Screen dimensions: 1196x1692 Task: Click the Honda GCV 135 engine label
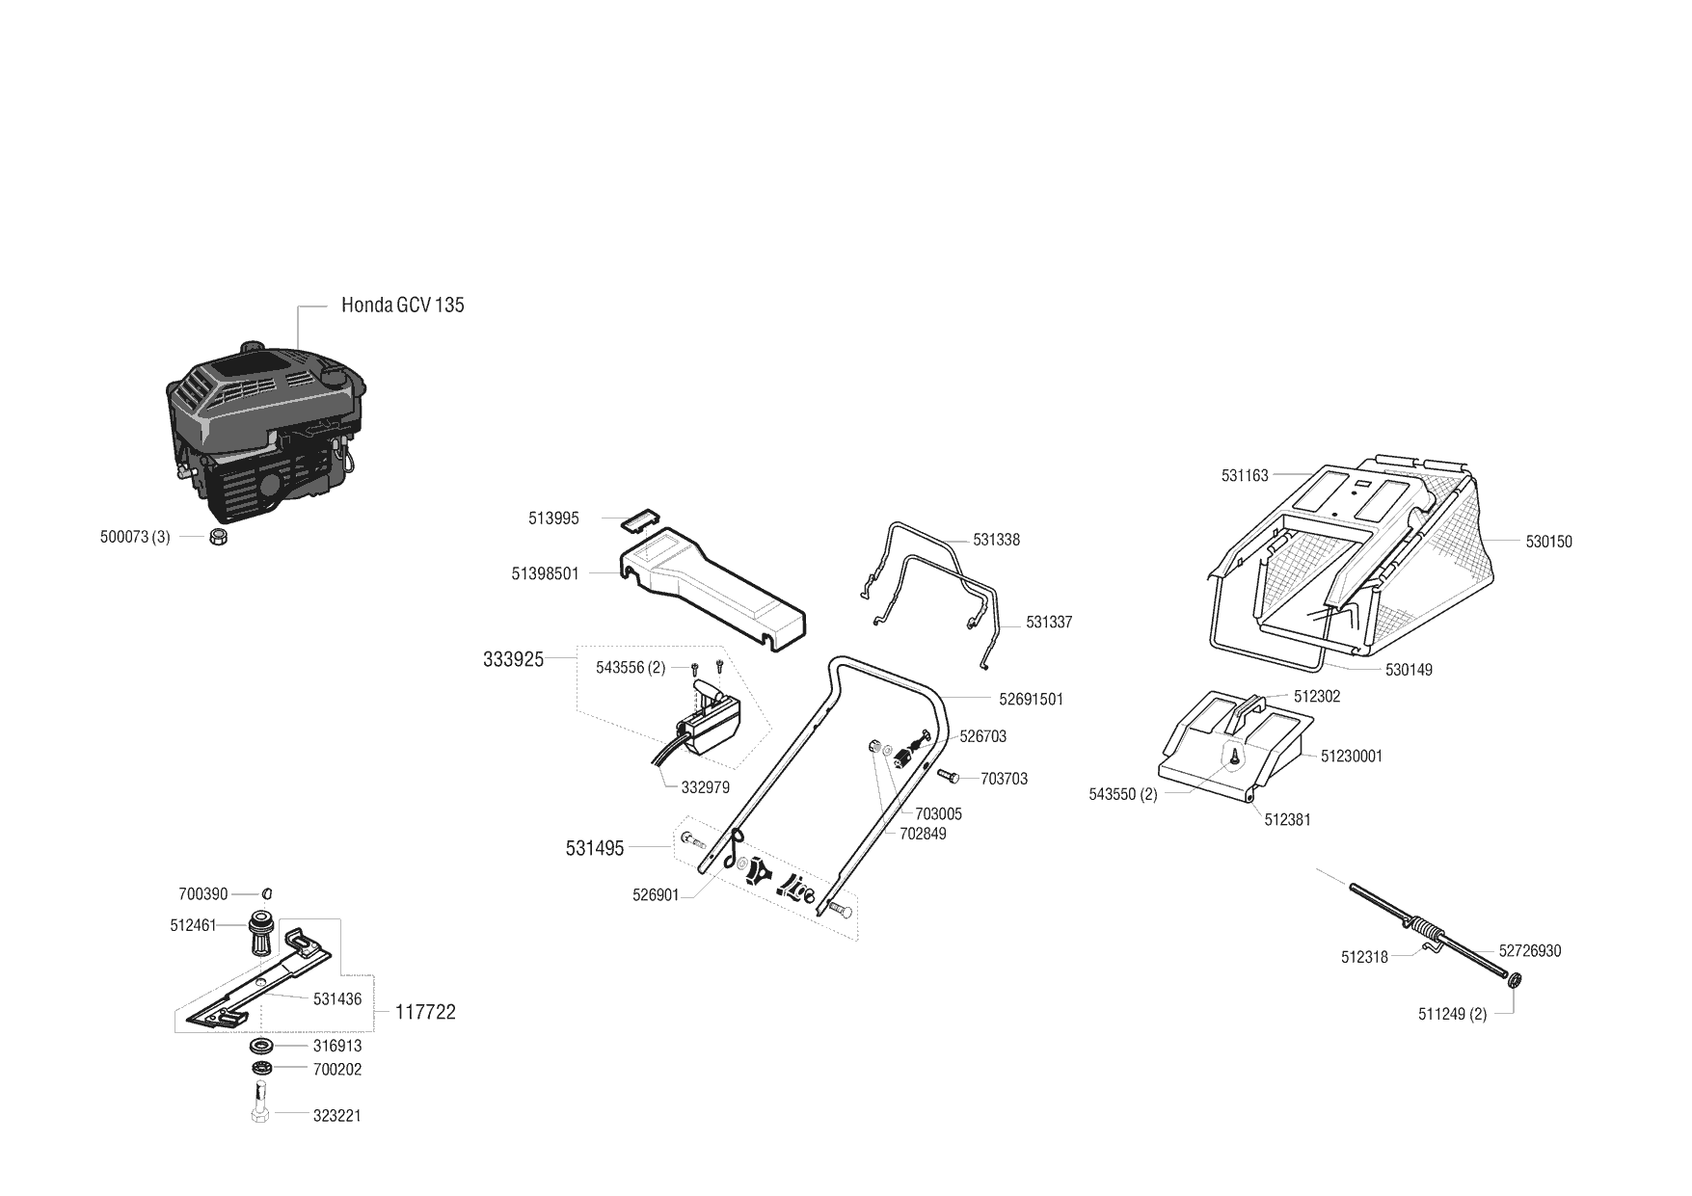coord(402,306)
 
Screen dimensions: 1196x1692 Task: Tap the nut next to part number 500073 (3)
coord(218,538)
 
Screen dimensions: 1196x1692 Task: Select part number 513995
coord(553,518)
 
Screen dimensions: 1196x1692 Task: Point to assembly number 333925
coord(513,660)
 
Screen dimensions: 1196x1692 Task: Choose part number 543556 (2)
coord(630,668)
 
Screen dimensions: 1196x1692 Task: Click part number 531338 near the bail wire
coord(996,541)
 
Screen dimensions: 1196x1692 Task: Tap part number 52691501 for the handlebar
coord(1031,700)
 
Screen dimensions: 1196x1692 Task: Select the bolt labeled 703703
coord(946,776)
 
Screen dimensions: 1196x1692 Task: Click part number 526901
coord(656,895)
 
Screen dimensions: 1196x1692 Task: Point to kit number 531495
coord(594,849)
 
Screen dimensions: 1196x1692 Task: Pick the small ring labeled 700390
coord(268,893)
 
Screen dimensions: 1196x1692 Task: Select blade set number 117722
coord(425,1013)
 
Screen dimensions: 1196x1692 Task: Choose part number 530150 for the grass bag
coord(1548,543)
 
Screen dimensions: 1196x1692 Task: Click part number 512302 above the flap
coord(1316,697)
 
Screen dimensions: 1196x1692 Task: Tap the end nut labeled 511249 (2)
coord(1513,981)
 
